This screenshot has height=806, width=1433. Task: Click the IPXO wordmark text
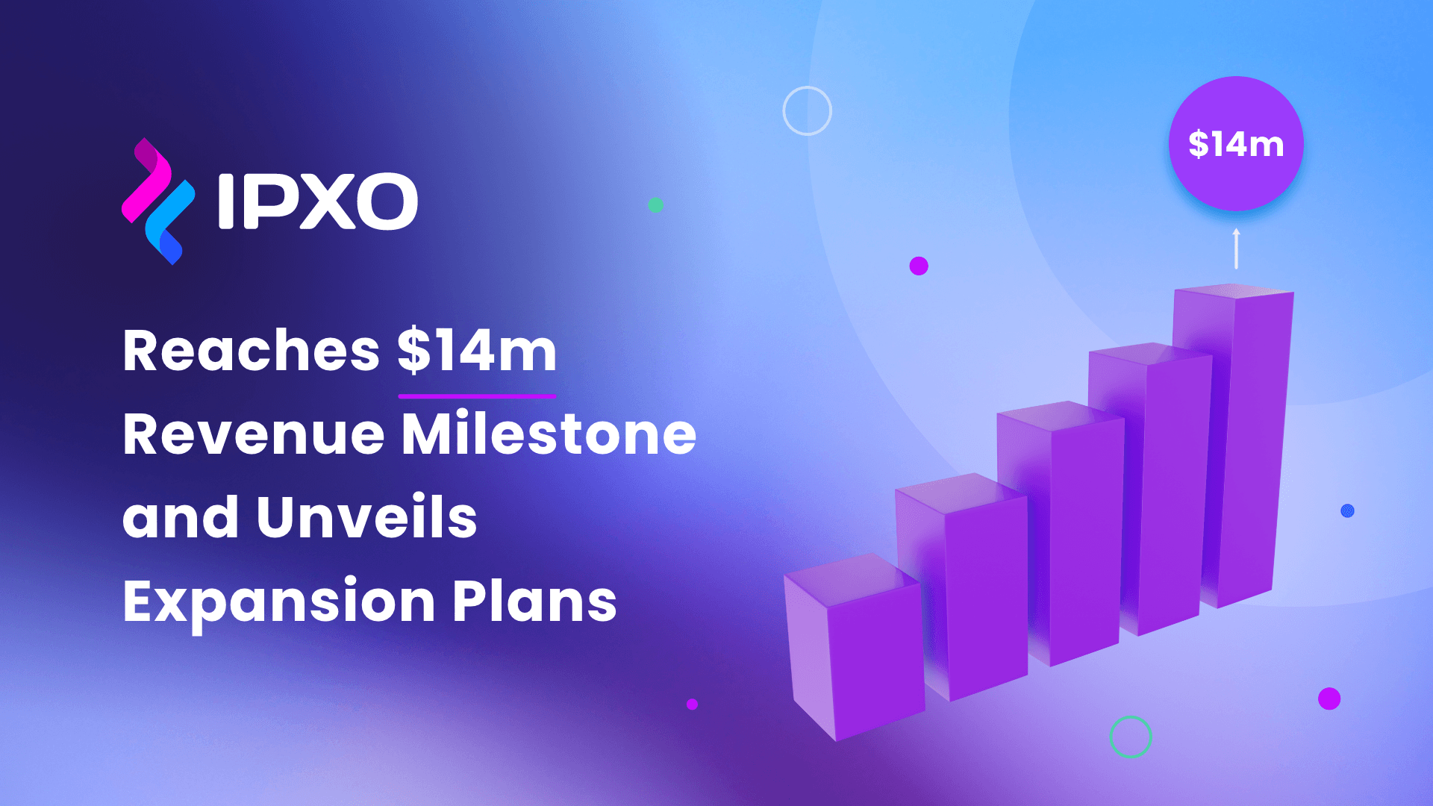point(317,201)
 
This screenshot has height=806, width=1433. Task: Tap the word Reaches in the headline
point(252,351)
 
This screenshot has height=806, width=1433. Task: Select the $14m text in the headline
point(477,351)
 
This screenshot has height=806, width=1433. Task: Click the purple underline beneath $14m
point(477,396)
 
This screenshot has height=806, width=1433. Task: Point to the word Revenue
point(253,434)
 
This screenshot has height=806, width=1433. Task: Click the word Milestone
point(549,434)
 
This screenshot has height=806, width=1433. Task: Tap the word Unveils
point(366,517)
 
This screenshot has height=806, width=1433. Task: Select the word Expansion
point(279,602)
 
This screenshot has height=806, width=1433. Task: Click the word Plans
point(534,602)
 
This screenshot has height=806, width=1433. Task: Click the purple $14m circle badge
point(1236,143)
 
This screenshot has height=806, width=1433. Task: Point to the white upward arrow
point(1236,249)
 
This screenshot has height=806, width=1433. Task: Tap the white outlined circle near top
point(807,110)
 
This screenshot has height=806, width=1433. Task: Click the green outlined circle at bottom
point(1131,737)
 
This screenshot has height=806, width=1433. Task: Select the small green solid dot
point(655,205)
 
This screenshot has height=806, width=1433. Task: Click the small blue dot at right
point(1347,510)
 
